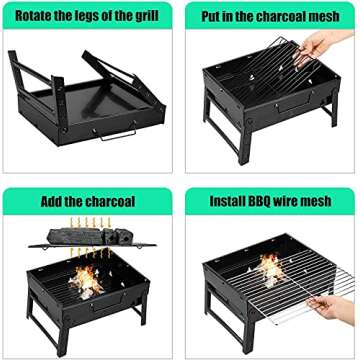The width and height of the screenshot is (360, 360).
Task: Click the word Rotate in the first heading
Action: click(x=32, y=13)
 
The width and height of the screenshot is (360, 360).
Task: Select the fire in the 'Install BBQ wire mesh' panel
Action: click(x=271, y=268)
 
